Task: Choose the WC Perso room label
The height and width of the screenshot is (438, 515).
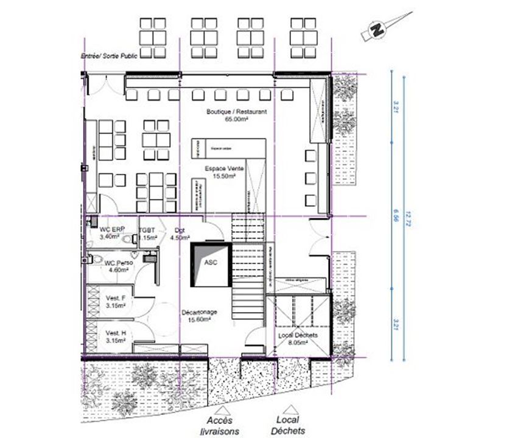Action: point(115,266)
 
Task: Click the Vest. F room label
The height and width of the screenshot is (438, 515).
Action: point(116,301)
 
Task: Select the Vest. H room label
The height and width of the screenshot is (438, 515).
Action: point(116,336)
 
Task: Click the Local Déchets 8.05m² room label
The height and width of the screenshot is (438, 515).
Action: point(296,339)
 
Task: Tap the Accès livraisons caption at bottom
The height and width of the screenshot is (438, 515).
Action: point(221,425)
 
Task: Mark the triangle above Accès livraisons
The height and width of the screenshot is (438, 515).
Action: point(221,409)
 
